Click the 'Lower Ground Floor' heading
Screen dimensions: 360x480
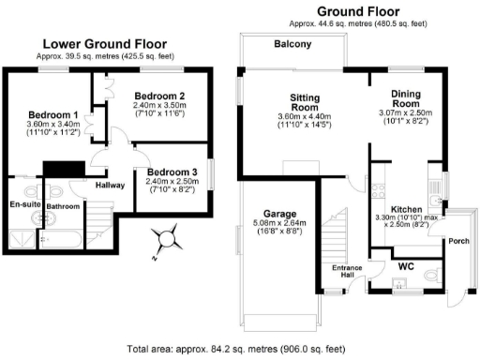tap(105, 43)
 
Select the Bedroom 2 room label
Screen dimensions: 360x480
tap(158, 96)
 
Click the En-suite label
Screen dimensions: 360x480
tap(23, 203)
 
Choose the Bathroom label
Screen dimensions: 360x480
tap(64, 206)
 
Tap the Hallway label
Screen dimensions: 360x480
tap(112, 186)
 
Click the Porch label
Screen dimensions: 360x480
tap(459, 240)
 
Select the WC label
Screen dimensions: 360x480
tap(405, 267)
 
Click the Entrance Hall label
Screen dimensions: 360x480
tap(348, 273)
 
